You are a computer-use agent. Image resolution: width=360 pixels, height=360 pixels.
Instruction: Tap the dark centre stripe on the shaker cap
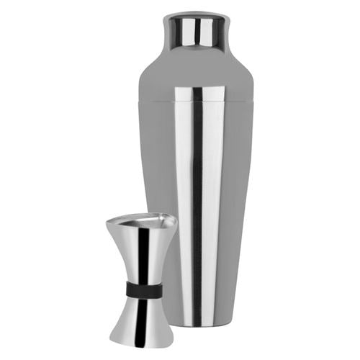pyautogui.click(x=192, y=32)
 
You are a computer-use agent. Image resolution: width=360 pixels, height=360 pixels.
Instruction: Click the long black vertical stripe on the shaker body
pyautogui.click(x=197, y=216)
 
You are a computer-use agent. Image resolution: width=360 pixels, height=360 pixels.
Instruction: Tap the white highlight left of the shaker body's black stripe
pyautogui.click(x=184, y=216)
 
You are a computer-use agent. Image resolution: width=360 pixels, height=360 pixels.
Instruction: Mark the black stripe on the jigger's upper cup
pyautogui.click(x=144, y=256)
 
